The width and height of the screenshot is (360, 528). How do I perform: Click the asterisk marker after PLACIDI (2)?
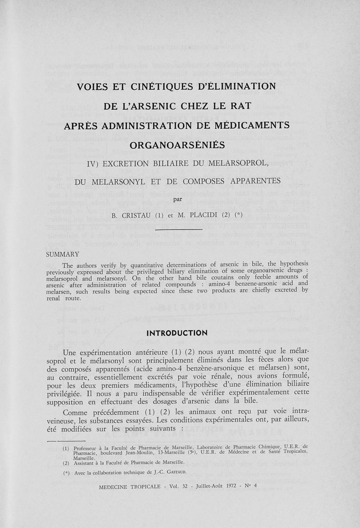coord(238,215)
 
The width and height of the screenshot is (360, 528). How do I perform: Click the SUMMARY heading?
coord(63,255)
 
